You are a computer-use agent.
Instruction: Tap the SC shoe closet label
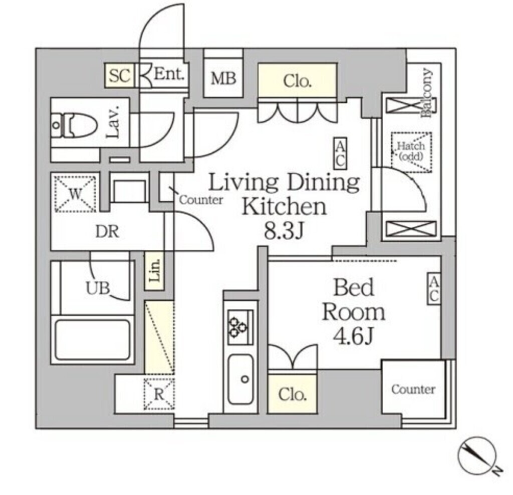click(x=120, y=76)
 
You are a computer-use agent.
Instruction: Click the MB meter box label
click(x=223, y=79)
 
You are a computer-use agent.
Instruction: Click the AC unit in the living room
click(x=340, y=154)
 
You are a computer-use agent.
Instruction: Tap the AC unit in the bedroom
click(x=433, y=288)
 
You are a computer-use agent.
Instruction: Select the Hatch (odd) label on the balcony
click(x=411, y=151)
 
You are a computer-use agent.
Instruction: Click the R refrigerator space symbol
click(x=159, y=393)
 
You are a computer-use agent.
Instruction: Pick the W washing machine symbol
click(x=75, y=193)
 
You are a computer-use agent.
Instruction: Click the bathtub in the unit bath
click(x=93, y=339)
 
